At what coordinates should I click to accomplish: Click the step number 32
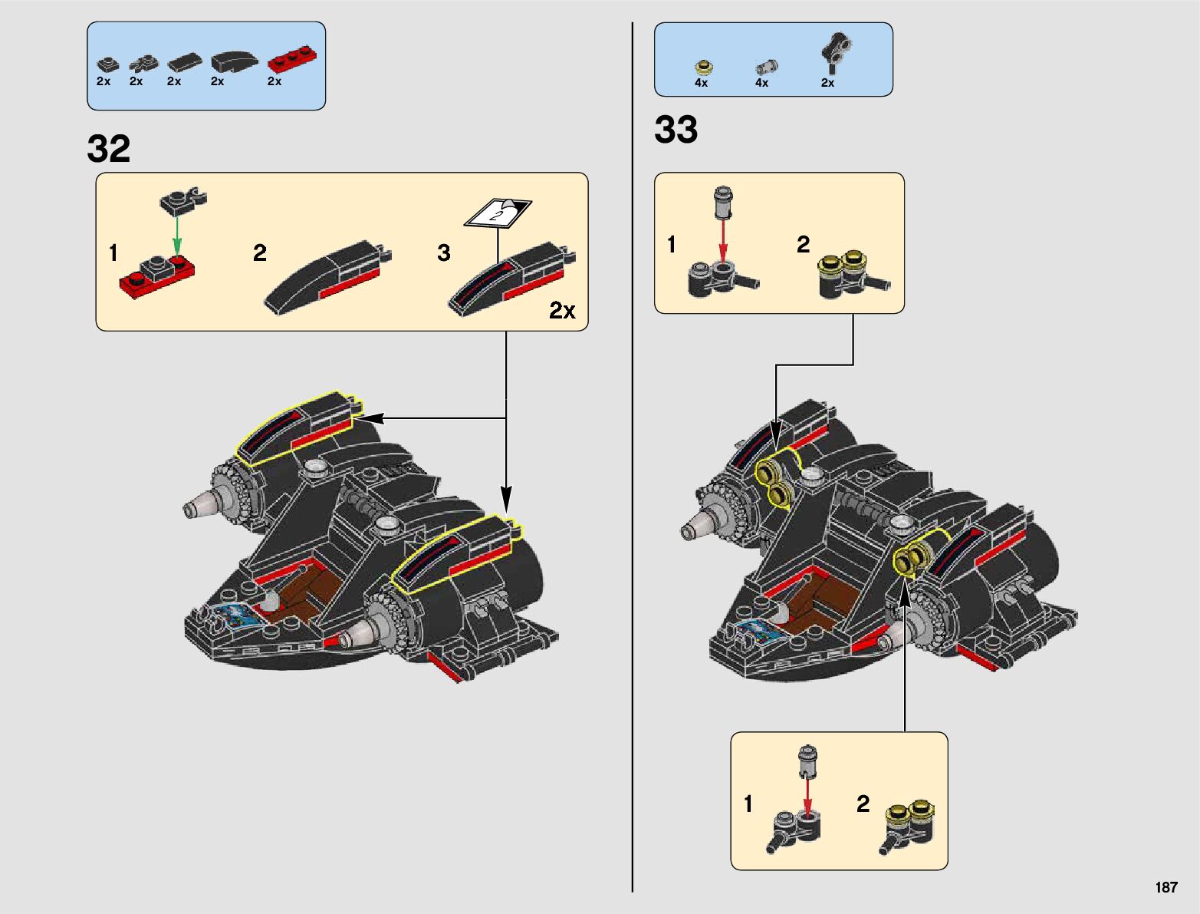(109, 148)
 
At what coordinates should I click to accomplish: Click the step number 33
(676, 130)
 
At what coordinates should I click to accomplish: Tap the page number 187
(1165, 887)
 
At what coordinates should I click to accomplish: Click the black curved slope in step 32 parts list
(235, 62)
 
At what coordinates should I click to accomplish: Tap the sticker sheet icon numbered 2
(498, 212)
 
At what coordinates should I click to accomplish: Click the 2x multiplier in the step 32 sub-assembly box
(562, 310)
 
